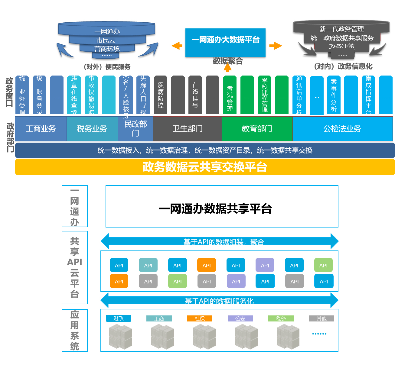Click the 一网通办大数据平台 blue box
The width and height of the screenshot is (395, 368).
225,42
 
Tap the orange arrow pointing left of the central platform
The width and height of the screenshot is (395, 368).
177,46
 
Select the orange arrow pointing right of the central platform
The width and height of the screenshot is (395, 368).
276,46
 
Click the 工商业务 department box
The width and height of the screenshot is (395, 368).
41,129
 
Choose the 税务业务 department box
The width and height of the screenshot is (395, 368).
92,129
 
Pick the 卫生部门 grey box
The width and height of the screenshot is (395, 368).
188,129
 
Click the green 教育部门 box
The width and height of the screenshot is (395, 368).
257,129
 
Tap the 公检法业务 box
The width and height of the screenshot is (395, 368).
342,129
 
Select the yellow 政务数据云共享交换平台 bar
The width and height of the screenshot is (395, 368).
205,167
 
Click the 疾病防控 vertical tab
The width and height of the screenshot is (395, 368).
161,95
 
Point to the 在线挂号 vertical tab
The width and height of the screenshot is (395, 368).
195,95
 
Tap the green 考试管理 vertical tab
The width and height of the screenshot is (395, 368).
230,95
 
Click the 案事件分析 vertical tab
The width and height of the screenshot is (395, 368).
334,95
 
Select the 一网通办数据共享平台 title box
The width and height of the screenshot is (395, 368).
222,206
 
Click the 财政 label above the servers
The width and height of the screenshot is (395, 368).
119,318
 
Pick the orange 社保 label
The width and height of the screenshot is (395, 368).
200,318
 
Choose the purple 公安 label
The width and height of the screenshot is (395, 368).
240,318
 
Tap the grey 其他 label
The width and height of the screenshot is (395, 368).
322,318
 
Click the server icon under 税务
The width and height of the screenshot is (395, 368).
288,336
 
